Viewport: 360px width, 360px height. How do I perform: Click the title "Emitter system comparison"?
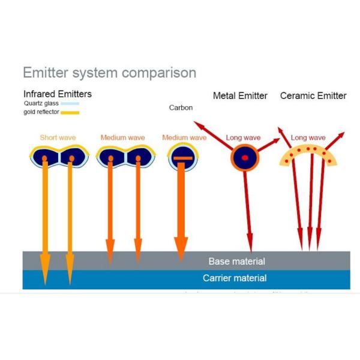(109, 73)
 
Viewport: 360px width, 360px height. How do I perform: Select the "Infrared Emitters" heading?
(58, 94)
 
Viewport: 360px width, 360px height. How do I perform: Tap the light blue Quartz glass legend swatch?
(70, 103)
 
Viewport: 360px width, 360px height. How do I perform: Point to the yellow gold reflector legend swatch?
(70, 112)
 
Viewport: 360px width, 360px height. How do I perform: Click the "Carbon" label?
(181, 108)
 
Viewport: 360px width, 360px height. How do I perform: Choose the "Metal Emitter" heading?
(240, 96)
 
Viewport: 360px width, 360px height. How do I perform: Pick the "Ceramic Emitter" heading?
(313, 96)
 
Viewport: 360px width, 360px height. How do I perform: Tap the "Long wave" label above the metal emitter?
(243, 138)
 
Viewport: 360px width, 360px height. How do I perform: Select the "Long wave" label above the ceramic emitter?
(308, 138)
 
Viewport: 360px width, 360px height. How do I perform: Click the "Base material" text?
(236, 262)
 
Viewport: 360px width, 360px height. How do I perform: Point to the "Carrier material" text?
(235, 278)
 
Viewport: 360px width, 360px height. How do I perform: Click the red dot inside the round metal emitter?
(245, 158)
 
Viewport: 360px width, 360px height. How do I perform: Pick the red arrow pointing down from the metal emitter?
(248, 210)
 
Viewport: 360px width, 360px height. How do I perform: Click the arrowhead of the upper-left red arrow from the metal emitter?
(196, 124)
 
